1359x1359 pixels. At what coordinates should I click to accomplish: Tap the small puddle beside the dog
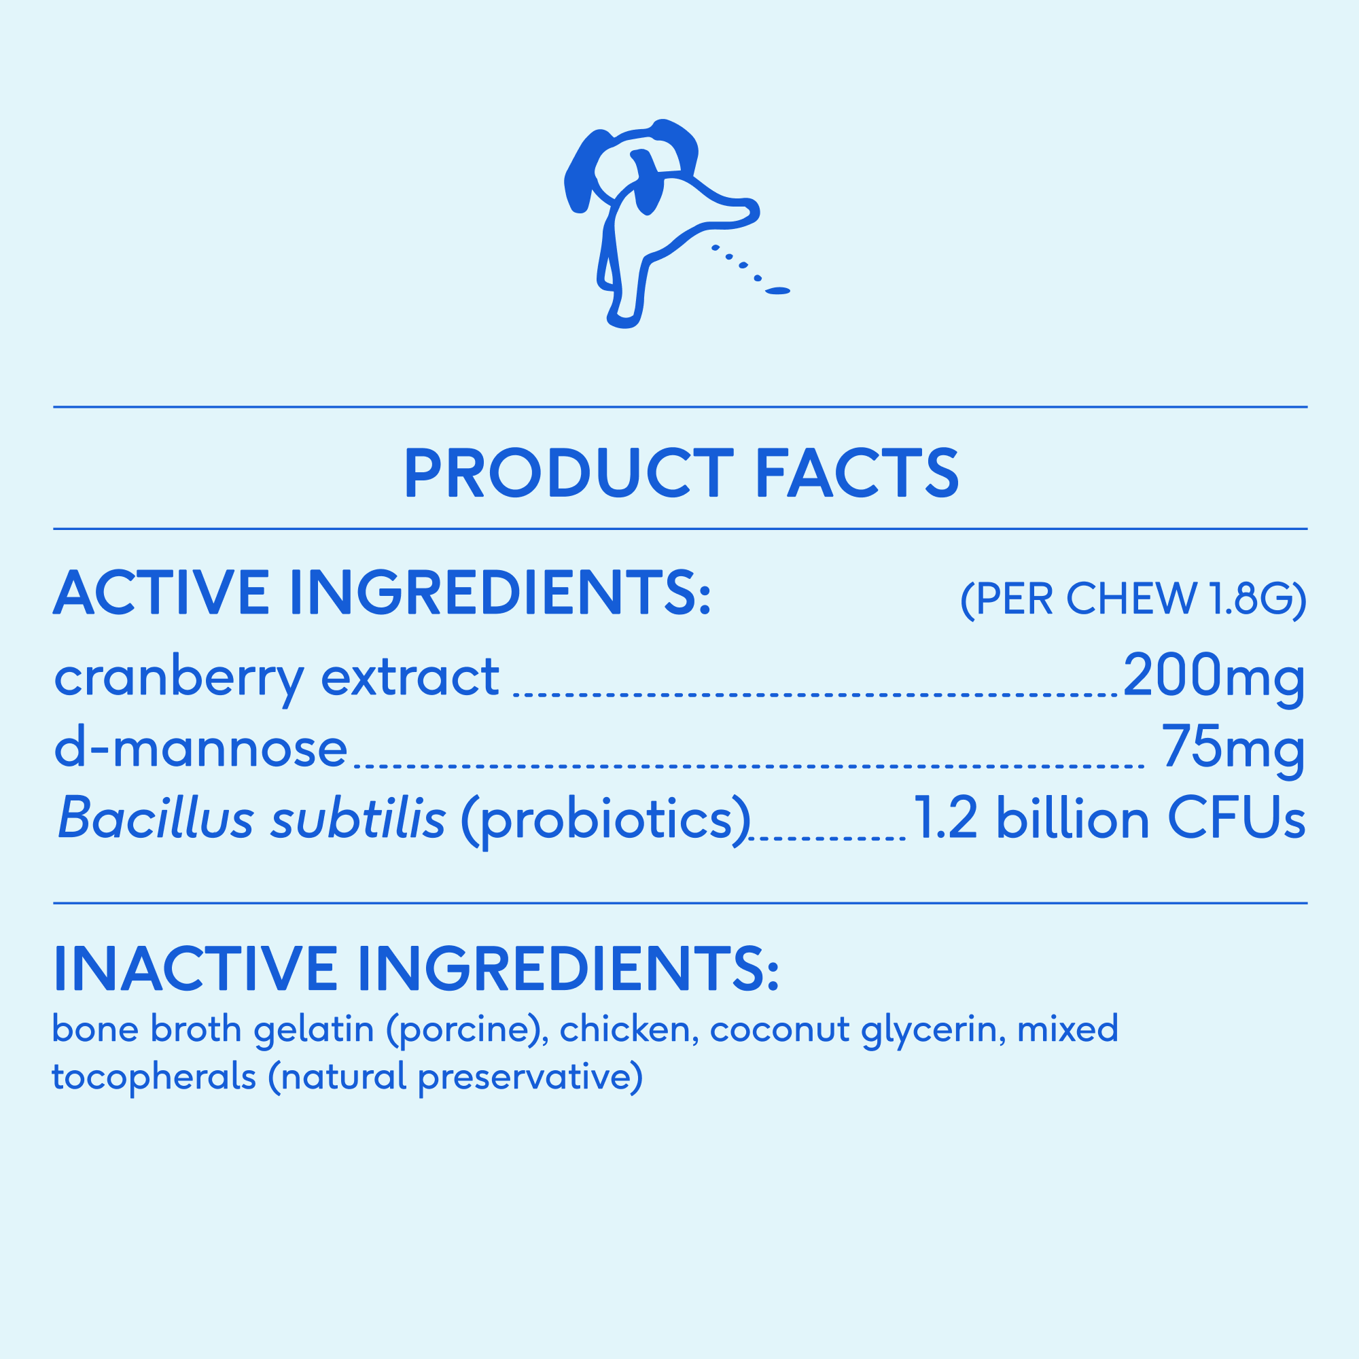[x=777, y=291]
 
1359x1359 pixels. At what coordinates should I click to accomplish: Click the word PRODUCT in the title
[x=568, y=473]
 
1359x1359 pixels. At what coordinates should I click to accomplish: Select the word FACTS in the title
[x=858, y=473]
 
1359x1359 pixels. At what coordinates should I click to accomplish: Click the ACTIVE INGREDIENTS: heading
[x=383, y=593]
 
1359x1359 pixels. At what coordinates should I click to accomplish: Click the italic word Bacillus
[x=156, y=818]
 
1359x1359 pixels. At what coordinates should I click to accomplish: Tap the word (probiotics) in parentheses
[x=605, y=821]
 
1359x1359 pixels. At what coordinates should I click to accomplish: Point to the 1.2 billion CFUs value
[x=1110, y=818]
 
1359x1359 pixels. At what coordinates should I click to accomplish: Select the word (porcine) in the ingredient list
[x=467, y=1030]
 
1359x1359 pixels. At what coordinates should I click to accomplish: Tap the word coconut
[x=780, y=1031]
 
